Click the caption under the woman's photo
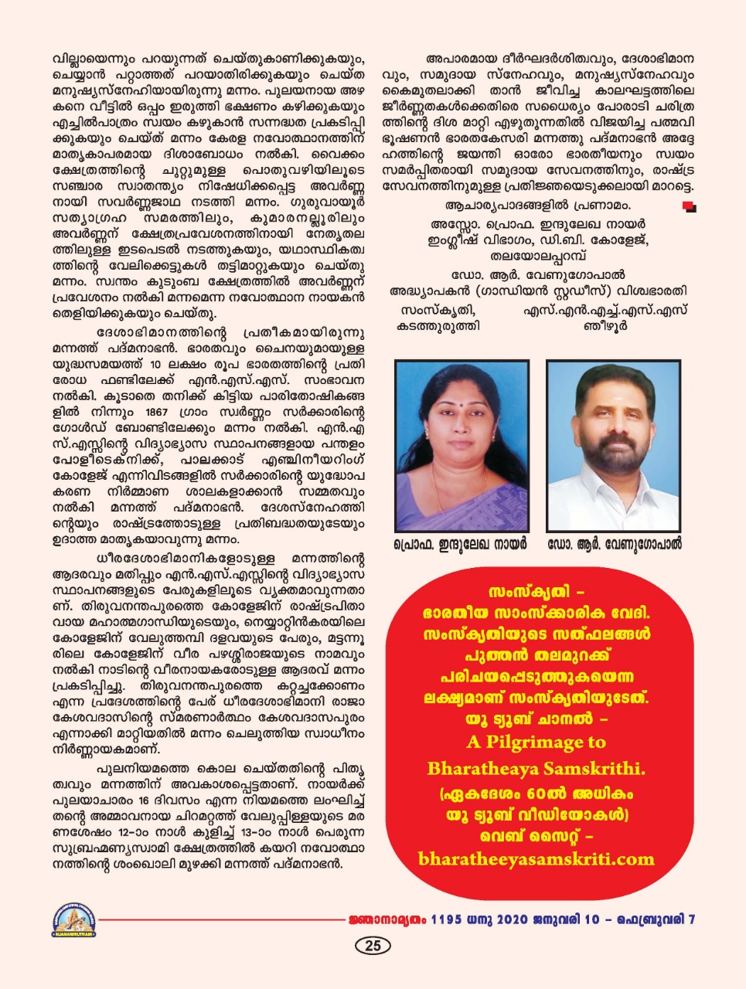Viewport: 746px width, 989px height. click(x=460, y=544)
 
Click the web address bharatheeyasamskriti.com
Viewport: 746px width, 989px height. click(x=535, y=859)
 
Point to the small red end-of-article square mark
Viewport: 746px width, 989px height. click(x=688, y=206)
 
